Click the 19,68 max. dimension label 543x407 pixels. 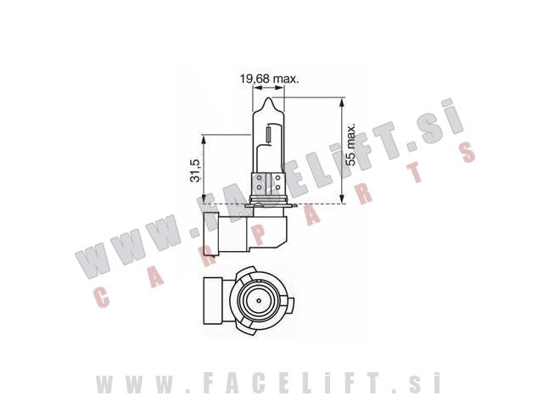pos(270,79)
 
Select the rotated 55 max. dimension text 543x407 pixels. pos(351,144)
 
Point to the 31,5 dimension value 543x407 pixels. pos(195,170)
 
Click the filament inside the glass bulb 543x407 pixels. pos(269,135)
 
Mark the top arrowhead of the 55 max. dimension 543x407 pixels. pos(342,102)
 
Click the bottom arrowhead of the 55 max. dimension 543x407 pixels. pos(342,199)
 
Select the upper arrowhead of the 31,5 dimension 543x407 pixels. pos(204,139)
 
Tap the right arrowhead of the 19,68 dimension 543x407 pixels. pos(280,88)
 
